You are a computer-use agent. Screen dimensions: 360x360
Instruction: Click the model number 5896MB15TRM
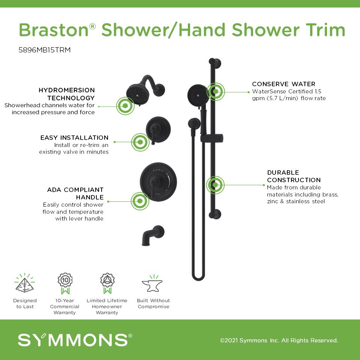click(45, 50)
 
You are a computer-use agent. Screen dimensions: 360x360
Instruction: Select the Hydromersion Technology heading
click(67, 94)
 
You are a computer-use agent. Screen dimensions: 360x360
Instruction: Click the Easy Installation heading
click(74, 138)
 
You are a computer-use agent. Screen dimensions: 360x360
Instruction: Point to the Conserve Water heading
click(283, 84)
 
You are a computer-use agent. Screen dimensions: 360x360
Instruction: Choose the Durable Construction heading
click(294, 176)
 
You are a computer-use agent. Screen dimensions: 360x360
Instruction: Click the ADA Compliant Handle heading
click(75, 193)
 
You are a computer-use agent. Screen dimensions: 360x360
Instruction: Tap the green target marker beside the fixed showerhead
click(125, 106)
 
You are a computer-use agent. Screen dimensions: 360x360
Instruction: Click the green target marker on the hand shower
click(215, 91)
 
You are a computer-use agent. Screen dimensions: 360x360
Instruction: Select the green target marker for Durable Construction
click(215, 184)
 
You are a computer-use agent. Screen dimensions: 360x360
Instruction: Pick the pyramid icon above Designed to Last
click(25, 283)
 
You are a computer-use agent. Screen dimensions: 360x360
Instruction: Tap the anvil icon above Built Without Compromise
click(152, 284)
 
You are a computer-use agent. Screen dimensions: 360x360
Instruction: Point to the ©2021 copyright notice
click(279, 340)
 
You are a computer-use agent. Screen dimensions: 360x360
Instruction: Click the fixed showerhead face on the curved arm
click(136, 94)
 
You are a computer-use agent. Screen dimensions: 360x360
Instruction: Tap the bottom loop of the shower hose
click(198, 277)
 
